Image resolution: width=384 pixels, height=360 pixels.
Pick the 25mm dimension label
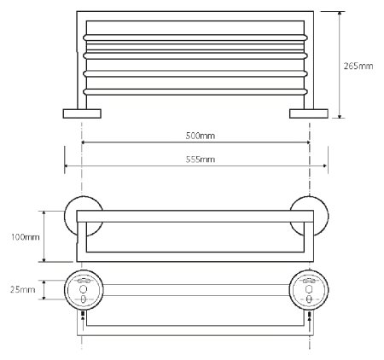tap(28, 290)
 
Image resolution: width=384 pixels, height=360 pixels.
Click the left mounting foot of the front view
tap(81, 113)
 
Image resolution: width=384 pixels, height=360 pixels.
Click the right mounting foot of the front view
tap(309, 113)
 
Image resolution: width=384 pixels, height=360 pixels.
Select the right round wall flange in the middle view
tap(308, 212)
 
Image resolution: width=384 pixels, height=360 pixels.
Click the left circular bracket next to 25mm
tap(82, 290)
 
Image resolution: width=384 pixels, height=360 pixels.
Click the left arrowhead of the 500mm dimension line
tap(84, 142)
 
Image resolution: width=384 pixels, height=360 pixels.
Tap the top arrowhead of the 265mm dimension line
tap(340, 14)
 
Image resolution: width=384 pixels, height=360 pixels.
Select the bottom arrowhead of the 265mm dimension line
tap(340, 116)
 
